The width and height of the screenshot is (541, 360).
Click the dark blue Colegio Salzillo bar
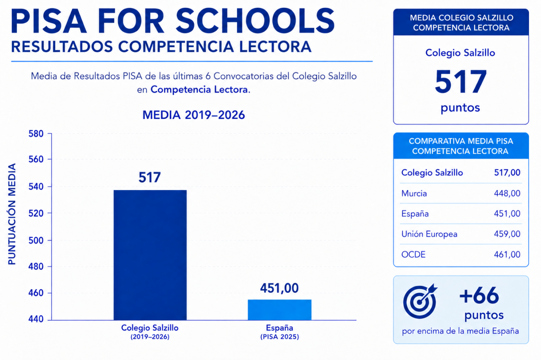[150, 255]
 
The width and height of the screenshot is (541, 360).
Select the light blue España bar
[280, 310]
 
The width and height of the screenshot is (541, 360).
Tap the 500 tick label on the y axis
[36, 241]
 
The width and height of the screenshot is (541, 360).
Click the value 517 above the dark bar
[150, 177]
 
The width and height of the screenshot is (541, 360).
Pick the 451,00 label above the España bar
[279, 288]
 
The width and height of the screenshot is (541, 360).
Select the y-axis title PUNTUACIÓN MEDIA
[12, 214]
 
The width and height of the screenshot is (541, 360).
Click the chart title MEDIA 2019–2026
[194, 115]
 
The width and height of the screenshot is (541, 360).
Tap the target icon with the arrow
[420, 301]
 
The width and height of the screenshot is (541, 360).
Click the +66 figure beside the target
[479, 295]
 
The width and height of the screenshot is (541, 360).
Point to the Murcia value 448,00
[507, 194]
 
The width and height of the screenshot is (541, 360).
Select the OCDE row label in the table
[413, 255]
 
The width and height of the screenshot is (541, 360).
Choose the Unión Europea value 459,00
[507, 234]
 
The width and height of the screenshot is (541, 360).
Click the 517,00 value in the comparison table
[507, 173]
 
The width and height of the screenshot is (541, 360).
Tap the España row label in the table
[415, 214]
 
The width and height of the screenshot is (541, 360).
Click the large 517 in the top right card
[461, 82]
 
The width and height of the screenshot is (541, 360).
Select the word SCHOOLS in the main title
[255, 21]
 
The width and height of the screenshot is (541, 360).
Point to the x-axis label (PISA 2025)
[280, 337]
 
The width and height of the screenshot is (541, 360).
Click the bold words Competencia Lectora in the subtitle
[199, 90]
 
